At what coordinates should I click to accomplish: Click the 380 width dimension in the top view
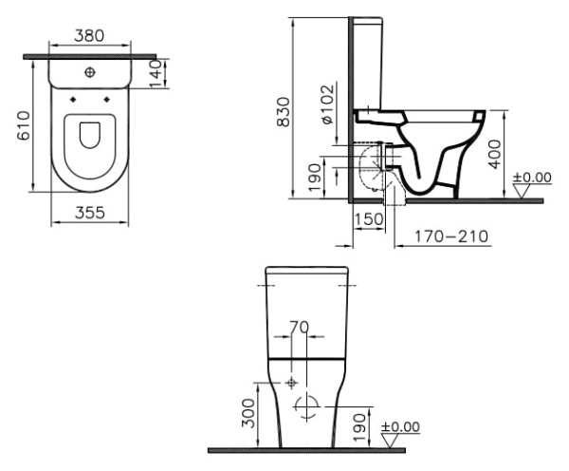click(89, 35)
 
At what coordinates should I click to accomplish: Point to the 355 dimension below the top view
click(90, 215)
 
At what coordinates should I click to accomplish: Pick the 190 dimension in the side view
click(316, 176)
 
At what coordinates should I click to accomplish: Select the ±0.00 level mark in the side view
click(531, 177)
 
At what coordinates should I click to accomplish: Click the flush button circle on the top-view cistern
click(90, 72)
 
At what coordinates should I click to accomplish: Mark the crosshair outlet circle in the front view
click(305, 405)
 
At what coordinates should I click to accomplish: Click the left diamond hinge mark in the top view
click(73, 97)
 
